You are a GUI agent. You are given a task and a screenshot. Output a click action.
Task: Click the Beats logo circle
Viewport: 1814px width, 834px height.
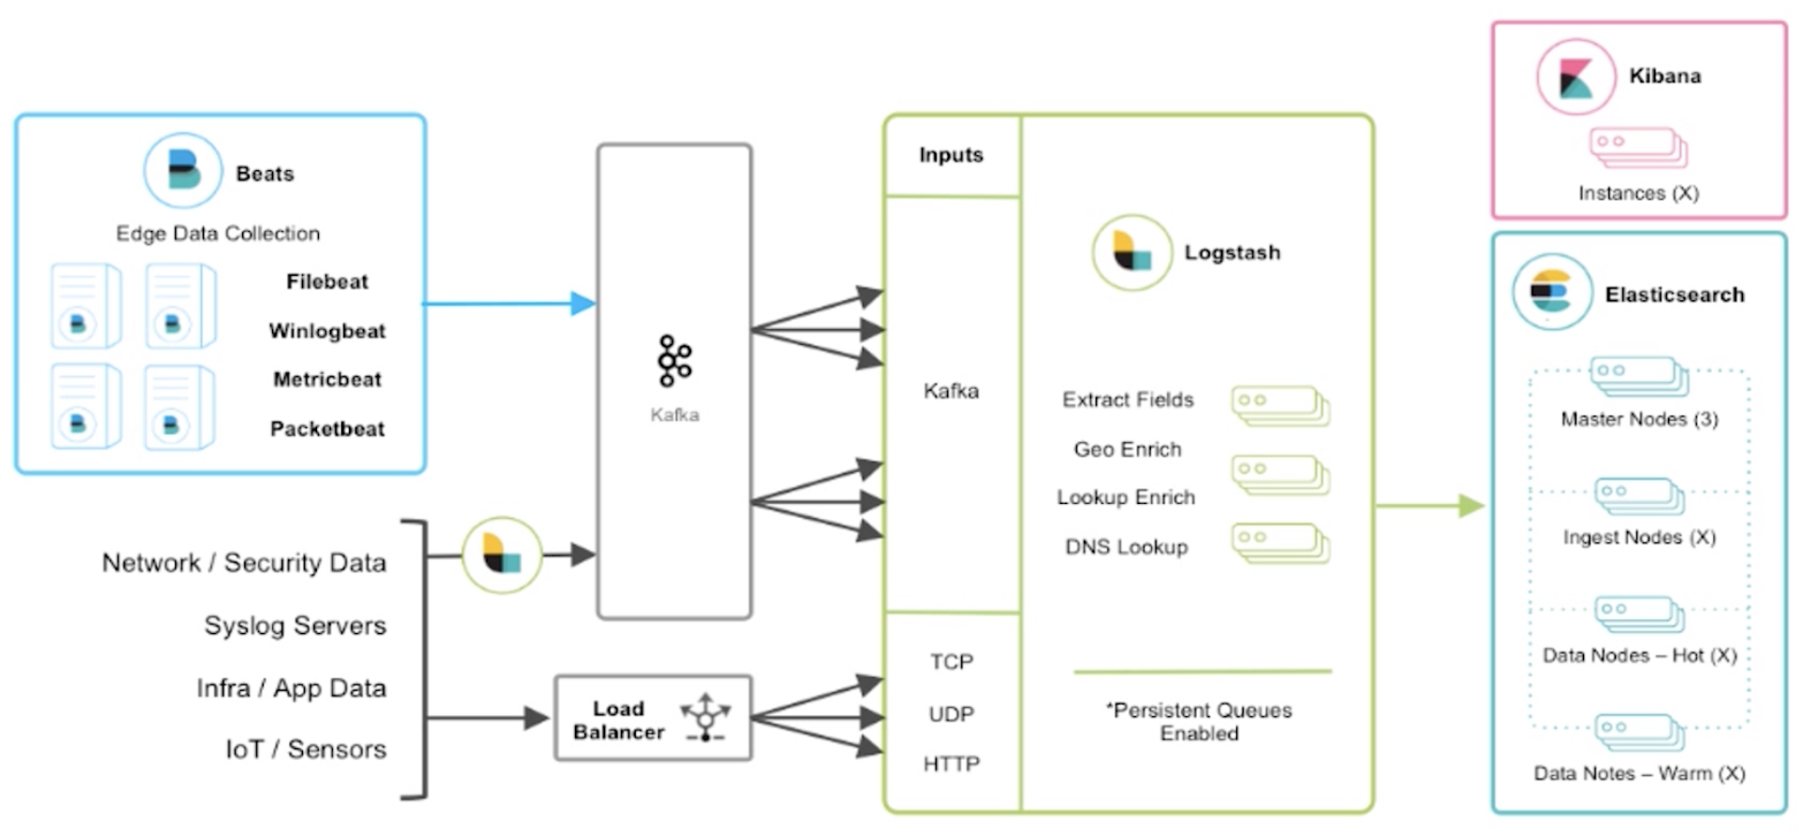(x=183, y=170)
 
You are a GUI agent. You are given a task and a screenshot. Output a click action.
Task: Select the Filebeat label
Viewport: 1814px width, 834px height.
(x=327, y=281)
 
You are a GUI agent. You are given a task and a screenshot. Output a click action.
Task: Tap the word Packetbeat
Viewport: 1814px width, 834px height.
(x=327, y=429)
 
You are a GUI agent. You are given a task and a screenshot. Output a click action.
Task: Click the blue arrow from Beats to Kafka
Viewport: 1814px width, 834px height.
(x=510, y=303)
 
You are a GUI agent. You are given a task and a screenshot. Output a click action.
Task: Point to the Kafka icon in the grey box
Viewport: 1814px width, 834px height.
(x=674, y=361)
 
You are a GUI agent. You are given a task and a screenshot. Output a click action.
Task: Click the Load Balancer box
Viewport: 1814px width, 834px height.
(x=654, y=718)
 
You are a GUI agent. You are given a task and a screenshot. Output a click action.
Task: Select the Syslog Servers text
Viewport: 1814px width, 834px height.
(x=295, y=625)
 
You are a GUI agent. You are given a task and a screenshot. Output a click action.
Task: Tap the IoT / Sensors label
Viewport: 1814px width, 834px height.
(x=306, y=749)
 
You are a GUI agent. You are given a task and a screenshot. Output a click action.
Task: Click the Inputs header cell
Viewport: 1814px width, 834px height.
(x=952, y=155)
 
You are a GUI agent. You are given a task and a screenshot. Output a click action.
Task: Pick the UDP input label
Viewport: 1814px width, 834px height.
(x=952, y=714)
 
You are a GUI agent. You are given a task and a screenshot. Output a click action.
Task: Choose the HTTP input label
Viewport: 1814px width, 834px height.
(x=952, y=764)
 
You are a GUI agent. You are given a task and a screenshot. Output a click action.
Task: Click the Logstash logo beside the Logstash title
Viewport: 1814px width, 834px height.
(x=1132, y=252)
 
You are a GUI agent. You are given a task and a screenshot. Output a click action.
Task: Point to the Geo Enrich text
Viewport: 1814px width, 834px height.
(x=1128, y=450)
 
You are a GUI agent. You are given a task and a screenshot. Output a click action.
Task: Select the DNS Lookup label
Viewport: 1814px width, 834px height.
(x=1127, y=547)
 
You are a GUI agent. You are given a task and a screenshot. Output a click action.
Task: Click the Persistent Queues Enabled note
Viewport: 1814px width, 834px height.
(x=1201, y=722)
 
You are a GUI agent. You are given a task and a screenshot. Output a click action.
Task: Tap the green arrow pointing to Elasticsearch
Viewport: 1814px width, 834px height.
(x=1430, y=506)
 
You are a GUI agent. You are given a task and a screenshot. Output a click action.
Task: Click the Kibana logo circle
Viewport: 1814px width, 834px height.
(x=1576, y=77)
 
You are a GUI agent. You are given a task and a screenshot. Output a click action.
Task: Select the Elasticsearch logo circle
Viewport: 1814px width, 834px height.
(x=1552, y=293)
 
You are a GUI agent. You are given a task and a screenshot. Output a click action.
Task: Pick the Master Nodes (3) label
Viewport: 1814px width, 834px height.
(x=1639, y=419)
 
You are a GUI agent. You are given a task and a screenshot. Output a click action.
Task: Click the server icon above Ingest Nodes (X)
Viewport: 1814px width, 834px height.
(x=1639, y=496)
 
